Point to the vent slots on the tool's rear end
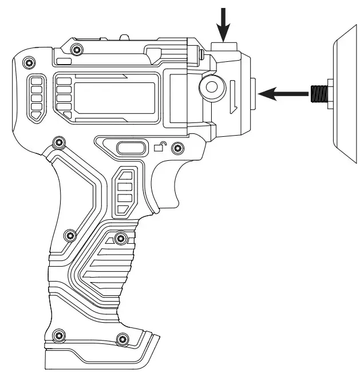click(x=36, y=97)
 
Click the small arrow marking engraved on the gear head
click(x=234, y=98)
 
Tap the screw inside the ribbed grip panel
click(x=121, y=238)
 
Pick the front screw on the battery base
click(x=121, y=340)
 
